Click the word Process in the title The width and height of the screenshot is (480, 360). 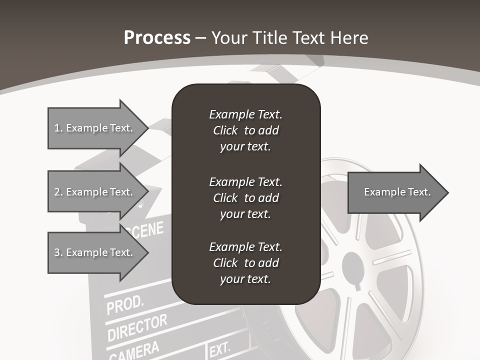coord(157,37)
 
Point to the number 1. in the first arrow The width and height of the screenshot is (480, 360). coord(58,128)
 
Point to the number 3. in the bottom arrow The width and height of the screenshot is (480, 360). coord(58,252)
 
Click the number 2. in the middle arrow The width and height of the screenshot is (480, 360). coord(58,192)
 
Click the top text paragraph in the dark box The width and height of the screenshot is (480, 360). coord(245,130)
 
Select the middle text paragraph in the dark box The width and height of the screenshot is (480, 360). coord(245,198)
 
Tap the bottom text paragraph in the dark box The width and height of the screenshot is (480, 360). coord(245,263)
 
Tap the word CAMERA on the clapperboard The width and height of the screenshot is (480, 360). coord(133,350)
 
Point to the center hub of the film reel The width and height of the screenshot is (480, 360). coord(356,264)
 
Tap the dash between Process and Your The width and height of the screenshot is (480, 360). coord(201,38)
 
